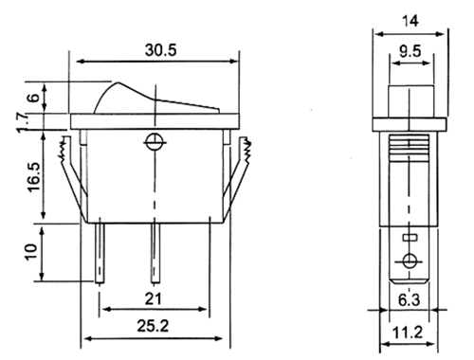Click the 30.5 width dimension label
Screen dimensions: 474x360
click(x=161, y=50)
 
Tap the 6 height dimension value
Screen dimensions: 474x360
click(x=34, y=97)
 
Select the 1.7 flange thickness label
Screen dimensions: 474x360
click(x=24, y=122)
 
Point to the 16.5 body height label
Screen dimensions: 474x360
click(x=34, y=177)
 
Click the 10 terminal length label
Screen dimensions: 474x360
click(x=31, y=252)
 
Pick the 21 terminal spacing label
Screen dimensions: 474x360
click(x=153, y=298)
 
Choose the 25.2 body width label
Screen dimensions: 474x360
click(x=153, y=326)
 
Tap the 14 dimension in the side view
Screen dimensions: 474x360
click(x=410, y=21)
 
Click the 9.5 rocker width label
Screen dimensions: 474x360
click(x=410, y=51)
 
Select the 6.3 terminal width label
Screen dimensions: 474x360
click(x=409, y=299)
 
